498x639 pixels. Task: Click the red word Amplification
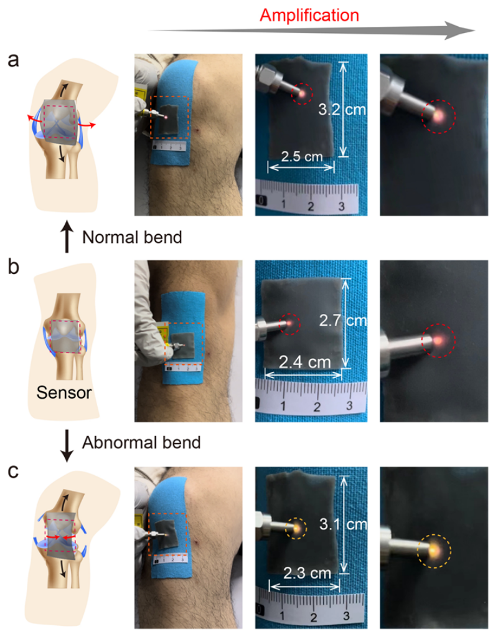click(309, 16)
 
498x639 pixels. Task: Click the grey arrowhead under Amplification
click(459, 31)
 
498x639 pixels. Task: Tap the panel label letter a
click(13, 60)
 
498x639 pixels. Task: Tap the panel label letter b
click(14, 267)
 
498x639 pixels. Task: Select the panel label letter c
click(13, 471)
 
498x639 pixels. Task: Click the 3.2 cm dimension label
click(342, 110)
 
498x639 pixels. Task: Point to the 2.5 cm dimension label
click(302, 156)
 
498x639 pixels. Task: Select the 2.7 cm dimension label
click(343, 320)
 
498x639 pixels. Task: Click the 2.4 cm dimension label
click(304, 362)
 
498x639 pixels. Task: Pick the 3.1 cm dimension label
click(343, 524)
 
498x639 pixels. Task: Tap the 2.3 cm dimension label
click(307, 573)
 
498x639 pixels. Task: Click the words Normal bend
click(132, 237)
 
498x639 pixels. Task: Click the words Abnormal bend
click(141, 443)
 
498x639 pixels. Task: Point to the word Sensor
click(64, 392)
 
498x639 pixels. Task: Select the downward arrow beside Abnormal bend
click(67, 445)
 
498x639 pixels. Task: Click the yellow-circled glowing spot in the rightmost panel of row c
click(434, 551)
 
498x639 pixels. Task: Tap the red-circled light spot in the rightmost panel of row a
click(438, 116)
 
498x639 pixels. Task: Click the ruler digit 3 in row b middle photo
click(349, 405)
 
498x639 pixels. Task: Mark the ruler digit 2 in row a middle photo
click(311, 206)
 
